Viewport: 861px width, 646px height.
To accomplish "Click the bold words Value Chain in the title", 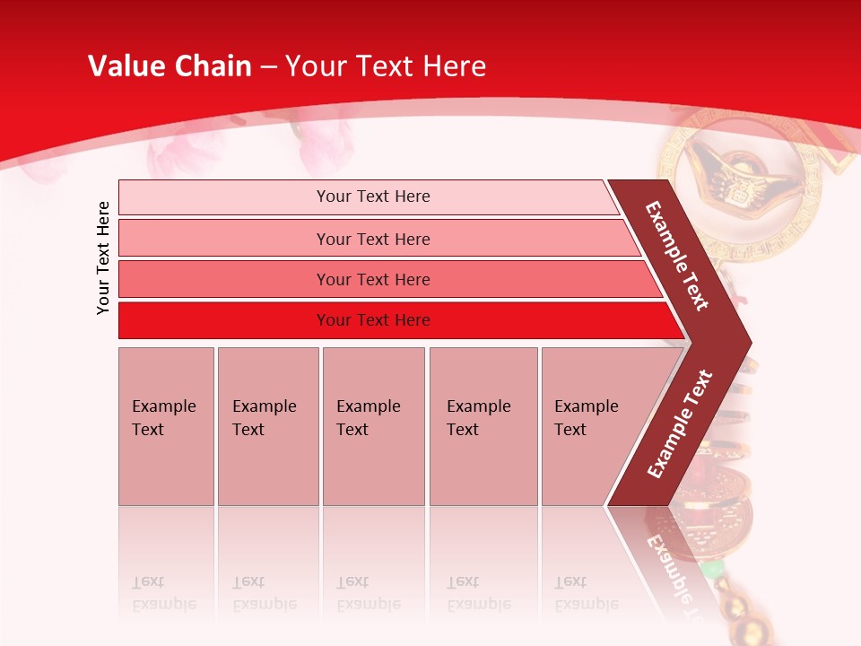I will (x=170, y=66).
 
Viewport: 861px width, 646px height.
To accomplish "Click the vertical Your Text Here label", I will (x=103, y=258).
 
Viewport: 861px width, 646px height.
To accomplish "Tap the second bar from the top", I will (x=373, y=239).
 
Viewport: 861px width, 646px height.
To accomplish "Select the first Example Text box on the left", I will (x=166, y=426).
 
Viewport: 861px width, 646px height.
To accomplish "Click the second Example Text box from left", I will (x=267, y=426).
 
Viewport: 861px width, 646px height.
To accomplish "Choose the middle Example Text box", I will (x=373, y=426).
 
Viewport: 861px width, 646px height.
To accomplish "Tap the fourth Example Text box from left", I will (x=483, y=426).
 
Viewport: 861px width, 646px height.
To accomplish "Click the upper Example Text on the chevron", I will (x=677, y=256).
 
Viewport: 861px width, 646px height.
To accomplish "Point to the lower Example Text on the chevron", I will (x=680, y=424).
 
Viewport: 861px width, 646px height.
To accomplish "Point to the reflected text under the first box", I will (x=164, y=593).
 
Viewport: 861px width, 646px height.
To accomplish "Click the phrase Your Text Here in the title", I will (x=386, y=66).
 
